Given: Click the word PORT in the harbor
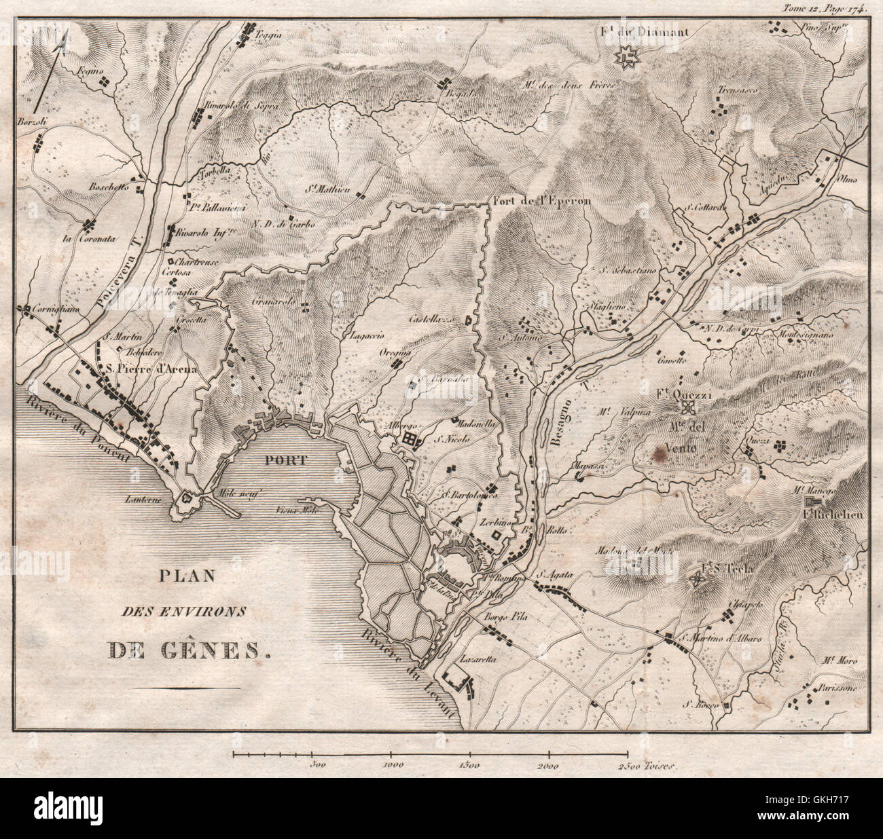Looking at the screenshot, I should [x=285, y=460].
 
